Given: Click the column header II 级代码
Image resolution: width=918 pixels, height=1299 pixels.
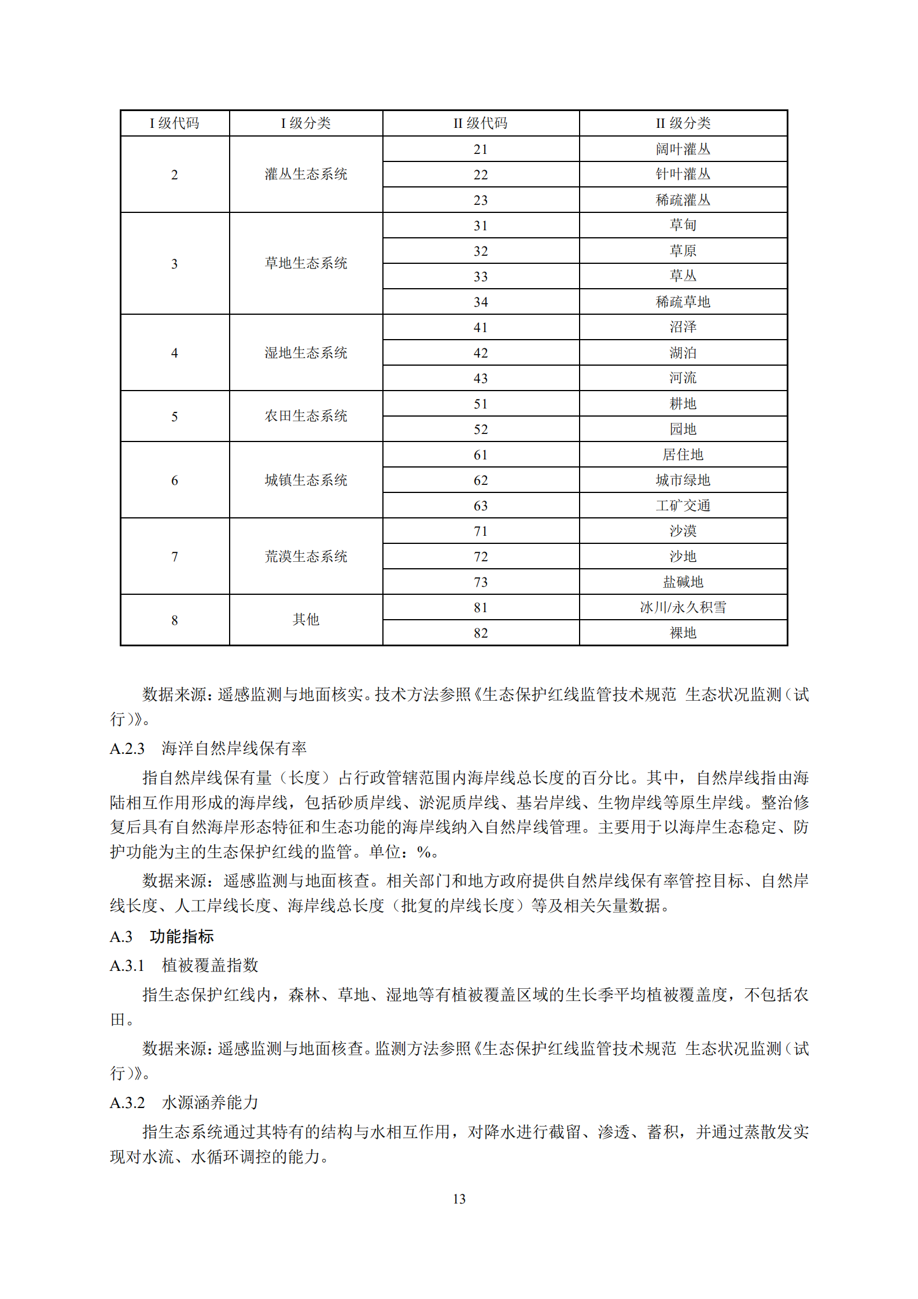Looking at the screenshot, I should [480, 123].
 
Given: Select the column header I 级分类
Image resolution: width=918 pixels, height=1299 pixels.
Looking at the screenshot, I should [305, 123].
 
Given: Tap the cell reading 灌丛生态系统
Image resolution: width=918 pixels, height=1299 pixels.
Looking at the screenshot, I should [305, 174].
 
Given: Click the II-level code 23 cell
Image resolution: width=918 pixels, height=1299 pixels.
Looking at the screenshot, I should [480, 200].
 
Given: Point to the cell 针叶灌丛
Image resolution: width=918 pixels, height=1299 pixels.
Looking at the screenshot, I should [683, 174].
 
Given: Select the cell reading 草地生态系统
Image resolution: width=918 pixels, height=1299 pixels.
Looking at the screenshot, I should [305, 263].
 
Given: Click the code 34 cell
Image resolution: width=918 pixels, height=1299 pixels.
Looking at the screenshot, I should [480, 302].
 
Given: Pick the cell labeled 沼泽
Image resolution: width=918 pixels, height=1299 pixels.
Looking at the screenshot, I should [683, 327].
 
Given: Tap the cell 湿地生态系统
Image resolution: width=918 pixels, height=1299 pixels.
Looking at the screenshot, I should [305, 353].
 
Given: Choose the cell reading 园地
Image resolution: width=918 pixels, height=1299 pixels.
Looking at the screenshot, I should [683, 429].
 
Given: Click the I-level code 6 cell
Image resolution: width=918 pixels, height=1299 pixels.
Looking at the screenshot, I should [174, 480].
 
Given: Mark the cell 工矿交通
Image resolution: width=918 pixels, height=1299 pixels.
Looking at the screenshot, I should [683, 506].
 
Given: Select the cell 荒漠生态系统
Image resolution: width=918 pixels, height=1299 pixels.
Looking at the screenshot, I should [305, 557].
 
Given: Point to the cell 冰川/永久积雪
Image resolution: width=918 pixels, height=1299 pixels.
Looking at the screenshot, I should [683, 608].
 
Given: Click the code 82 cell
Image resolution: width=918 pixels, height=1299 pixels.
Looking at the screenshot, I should [480, 633].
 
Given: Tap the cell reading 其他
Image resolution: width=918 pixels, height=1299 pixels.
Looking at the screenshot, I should [305, 620].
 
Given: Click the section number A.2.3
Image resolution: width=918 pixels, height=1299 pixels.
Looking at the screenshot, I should [127, 749].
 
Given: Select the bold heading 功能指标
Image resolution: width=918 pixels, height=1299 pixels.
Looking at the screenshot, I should [182, 936].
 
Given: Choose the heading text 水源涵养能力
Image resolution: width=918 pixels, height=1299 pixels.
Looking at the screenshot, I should [210, 1102].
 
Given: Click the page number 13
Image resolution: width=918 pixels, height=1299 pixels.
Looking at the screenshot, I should [459, 1199].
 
